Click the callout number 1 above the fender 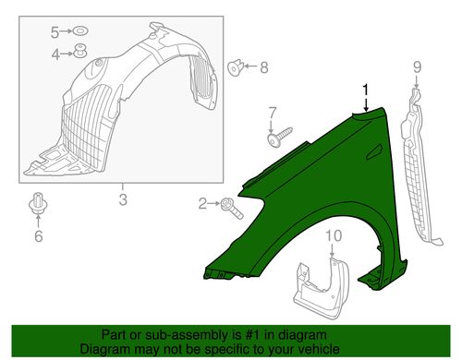pyautogui.click(x=366, y=90)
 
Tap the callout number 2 pyautogui.click(x=202, y=203)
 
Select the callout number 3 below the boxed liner pyautogui.click(x=123, y=199)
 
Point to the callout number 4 pyautogui.click(x=55, y=54)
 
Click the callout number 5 pyautogui.click(x=55, y=32)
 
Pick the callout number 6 pyautogui.click(x=39, y=236)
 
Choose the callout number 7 pyautogui.click(x=273, y=113)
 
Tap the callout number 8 pyautogui.click(x=264, y=67)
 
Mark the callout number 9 pyautogui.click(x=417, y=66)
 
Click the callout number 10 pyautogui.click(x=334, y=235)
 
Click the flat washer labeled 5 pyautogui.click(x=79, y=31)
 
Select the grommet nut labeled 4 pyautogui.click(x=80, y=51)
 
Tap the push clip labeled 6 pyautogui.click(x=38, y=203)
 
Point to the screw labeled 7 pyautogui.click(x=280, y=137)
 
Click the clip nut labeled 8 pyautogui.click(x=236, y=67)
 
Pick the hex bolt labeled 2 pyautogui.click(x=232, y=209)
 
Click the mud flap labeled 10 pyautogui.click(x=321, y=288)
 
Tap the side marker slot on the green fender pyautogui.click(x=374, y=152)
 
